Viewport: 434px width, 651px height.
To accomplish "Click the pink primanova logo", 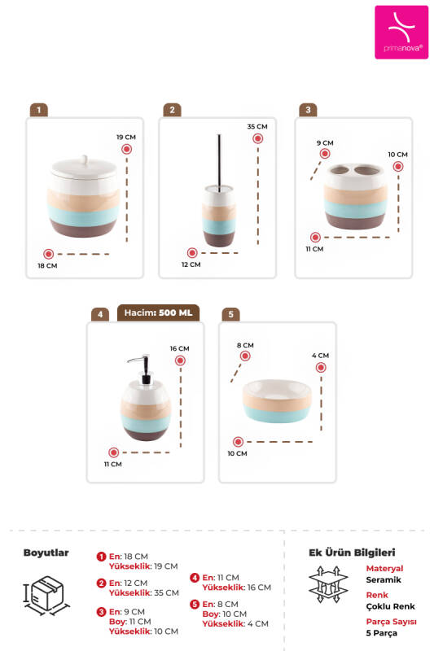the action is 401,32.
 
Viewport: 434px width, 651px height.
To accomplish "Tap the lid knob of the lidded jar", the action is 85,159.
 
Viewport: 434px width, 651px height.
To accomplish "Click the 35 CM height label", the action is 257,126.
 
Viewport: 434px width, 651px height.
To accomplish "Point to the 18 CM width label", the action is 47,266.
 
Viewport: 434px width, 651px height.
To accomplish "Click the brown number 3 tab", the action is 308,110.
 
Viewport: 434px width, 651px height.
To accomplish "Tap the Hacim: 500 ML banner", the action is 158,312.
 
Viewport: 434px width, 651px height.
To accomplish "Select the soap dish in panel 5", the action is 277,400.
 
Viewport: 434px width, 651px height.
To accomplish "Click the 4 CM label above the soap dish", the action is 320,356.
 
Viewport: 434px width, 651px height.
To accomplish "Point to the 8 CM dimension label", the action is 245,345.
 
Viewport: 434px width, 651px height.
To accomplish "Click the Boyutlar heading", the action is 46,553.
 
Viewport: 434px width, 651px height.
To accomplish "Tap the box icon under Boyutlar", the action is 46,596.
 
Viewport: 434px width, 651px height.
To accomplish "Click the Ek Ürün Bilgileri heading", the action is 352,553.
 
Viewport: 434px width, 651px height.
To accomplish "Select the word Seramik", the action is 384,579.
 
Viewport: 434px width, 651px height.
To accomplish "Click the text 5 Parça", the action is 381,633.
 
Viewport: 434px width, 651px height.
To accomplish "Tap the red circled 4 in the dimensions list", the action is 195,578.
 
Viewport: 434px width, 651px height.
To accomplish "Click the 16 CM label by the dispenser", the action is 179,348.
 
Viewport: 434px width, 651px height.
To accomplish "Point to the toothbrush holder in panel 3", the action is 355,196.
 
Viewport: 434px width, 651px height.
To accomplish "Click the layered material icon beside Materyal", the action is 328,584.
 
